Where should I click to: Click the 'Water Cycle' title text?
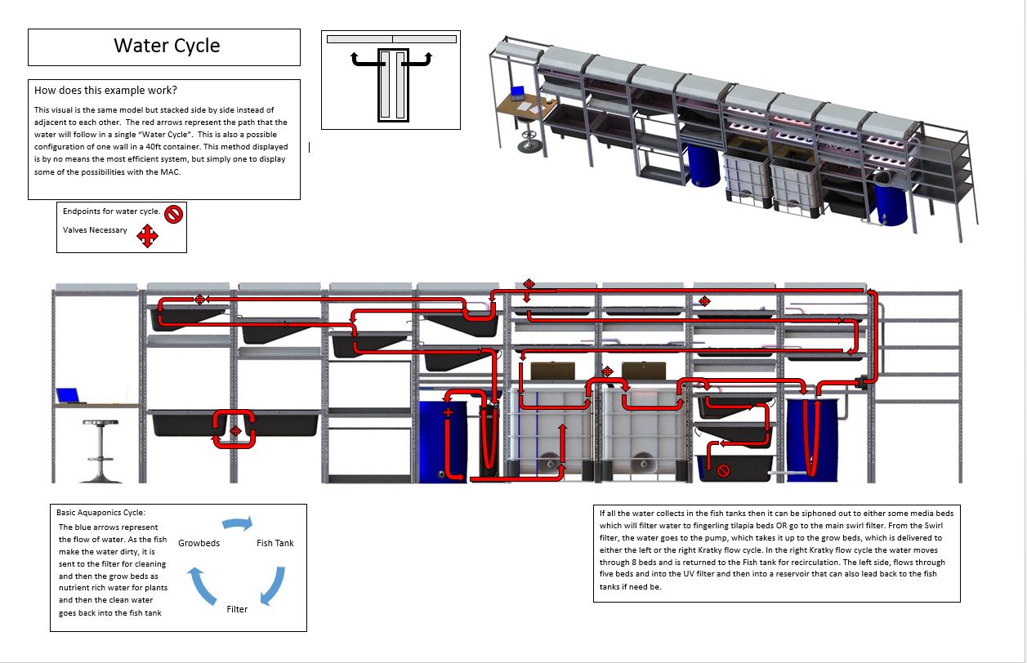coord(167,46)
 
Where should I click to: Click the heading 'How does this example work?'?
coord(105,91)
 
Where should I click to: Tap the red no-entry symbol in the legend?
coord(174,214)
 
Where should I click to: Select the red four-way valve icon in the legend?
coord(147,235)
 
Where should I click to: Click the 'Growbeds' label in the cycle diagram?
coord(199,543)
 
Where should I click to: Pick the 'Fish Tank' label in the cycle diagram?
coord(275,543)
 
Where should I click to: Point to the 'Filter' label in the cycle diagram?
coord(237,609)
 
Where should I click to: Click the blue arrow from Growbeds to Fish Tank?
coord(238,523)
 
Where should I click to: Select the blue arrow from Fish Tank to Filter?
coord(275,586)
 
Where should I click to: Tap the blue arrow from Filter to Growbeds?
coord(200,585)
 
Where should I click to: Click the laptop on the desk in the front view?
coord(69,396)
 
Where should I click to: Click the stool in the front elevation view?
coord(100,451)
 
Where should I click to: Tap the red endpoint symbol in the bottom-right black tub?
coord(723,470)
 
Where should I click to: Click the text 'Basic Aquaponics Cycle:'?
coord(100,512)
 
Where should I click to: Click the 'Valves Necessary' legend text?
coord(95,230)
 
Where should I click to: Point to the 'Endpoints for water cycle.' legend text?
coord(111,211)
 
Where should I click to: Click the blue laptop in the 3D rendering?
coord(517,92)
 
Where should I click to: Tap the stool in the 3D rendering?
coord(529,137)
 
